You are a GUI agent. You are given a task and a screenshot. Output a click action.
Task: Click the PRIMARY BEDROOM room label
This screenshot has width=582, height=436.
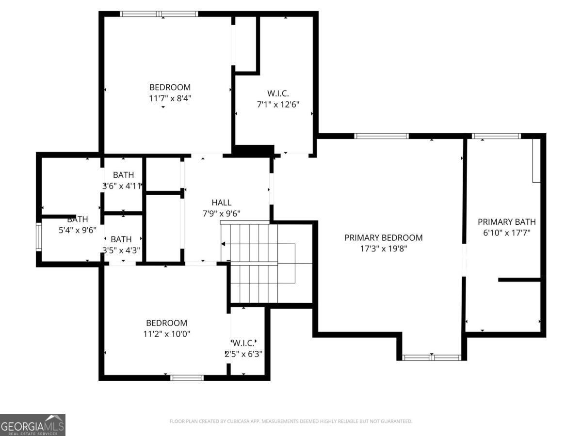[383, 237]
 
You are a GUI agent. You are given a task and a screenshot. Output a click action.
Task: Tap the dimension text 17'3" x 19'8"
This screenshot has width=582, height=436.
[383, 249]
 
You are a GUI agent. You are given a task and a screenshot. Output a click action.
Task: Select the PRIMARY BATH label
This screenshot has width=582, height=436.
[507, 222]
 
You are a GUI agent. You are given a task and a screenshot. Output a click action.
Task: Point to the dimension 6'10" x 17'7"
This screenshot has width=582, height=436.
[507, 233]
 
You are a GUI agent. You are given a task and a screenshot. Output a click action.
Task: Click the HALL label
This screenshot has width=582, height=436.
[221, 202]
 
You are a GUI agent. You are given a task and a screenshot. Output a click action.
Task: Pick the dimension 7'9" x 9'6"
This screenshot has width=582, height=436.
[221, 213]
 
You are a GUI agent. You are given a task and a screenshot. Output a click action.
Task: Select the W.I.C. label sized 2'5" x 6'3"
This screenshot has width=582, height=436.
[243, 343]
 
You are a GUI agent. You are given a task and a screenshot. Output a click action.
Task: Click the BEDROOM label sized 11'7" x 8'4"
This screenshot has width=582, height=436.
[170, 87]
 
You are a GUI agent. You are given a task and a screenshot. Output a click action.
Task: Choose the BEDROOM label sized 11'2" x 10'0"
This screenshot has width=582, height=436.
[166, 323]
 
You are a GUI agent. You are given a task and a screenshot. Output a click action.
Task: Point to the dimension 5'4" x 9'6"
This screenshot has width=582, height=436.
[78, 230]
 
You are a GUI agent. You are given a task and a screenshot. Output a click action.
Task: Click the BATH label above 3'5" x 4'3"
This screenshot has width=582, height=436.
[121, 239]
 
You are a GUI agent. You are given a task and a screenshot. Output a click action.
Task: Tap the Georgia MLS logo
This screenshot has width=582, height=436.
[32, 425]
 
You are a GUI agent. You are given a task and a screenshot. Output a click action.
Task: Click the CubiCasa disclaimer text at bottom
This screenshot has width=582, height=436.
[291, 421]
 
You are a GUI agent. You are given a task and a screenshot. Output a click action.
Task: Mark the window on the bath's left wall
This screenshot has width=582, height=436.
[39, 236]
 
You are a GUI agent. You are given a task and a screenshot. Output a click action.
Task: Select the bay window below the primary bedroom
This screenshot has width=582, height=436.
[431, 358]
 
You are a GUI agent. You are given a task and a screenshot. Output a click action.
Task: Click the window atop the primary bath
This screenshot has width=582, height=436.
[496, 136]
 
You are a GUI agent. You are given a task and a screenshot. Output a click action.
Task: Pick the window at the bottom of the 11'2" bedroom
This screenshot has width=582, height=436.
[187, 377]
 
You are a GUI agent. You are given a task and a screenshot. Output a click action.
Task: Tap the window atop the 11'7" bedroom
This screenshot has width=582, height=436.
[159, 14]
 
